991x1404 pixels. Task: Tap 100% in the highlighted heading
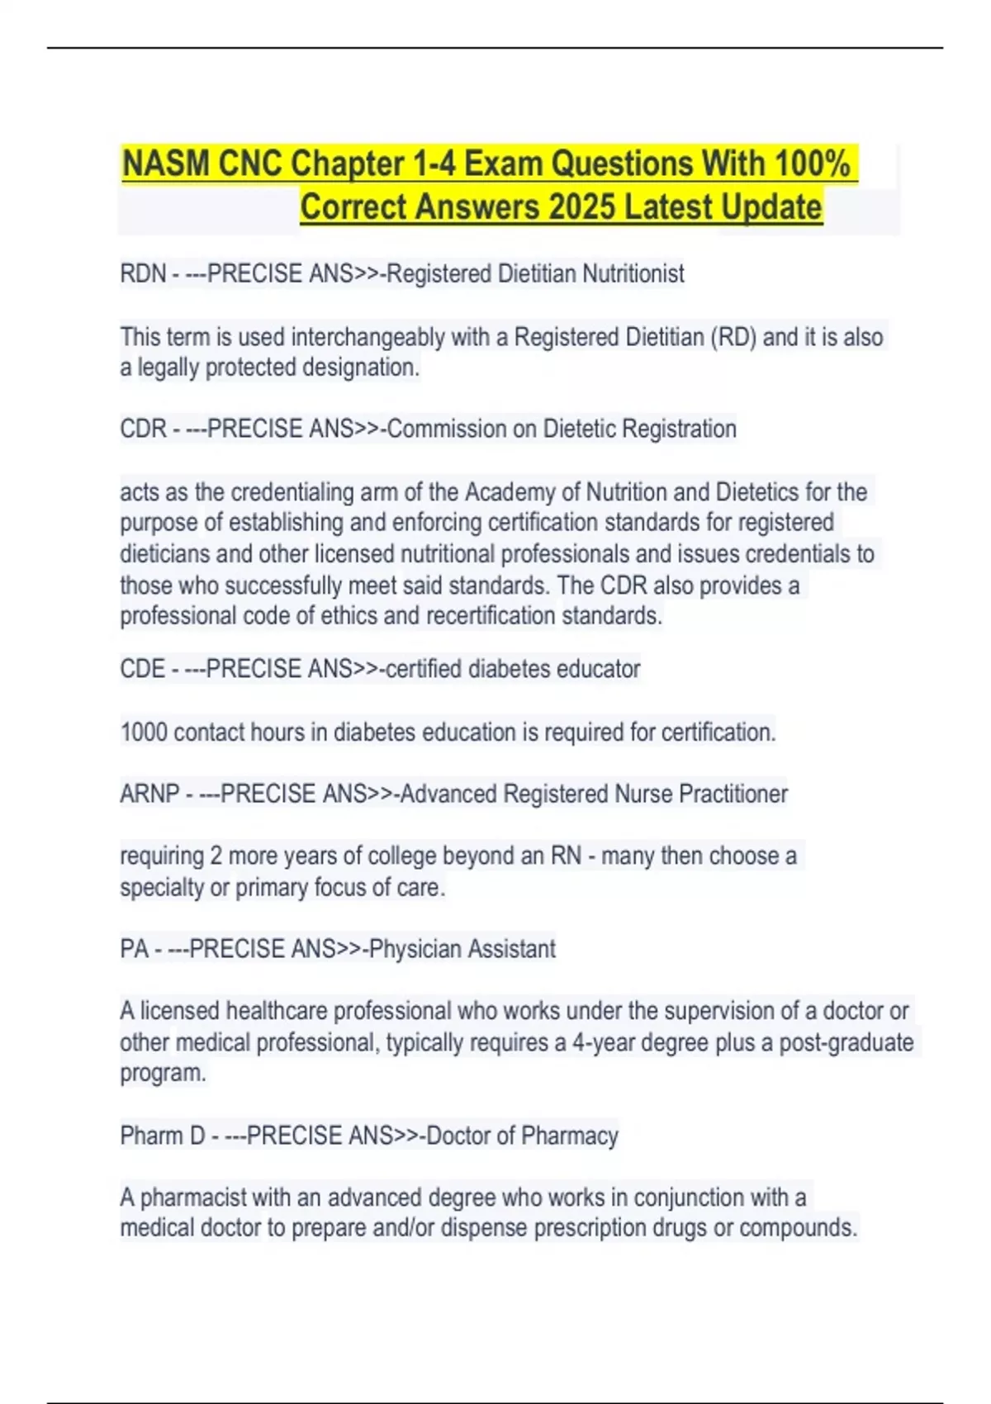812,164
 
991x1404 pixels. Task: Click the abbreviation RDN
143,273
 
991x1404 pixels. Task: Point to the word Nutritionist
633,273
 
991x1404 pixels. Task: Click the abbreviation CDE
142,669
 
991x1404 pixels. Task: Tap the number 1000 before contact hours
144,733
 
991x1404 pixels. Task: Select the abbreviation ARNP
149,794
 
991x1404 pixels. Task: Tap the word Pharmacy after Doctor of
570,1136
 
